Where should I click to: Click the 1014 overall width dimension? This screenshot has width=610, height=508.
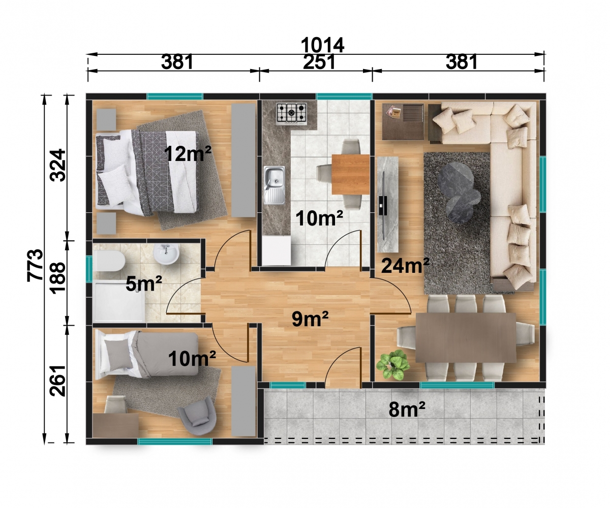point(322,45)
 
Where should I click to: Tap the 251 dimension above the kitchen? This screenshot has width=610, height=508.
point(318,62)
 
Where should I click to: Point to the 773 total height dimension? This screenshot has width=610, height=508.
point(35,265)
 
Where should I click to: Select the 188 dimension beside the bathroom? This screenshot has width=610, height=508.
point(57,277)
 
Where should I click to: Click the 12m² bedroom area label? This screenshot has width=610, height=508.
point(188,153)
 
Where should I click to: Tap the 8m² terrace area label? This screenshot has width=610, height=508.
point(407,409)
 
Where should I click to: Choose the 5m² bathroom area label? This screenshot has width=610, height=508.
point(144,283)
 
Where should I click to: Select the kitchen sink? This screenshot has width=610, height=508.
point(274,185)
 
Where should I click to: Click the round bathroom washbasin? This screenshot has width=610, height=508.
point(166,254)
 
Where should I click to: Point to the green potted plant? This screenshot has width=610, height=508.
point(392,364)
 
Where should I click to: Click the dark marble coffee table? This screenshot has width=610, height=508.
point(458,193)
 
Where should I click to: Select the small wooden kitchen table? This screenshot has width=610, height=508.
point(351,174)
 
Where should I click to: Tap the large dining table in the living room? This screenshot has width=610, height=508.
point(466,337)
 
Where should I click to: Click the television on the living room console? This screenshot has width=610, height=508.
point(382,206)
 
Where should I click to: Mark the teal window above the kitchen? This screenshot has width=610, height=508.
point(345,97)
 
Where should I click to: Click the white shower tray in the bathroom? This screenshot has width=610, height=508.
point(118,301)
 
